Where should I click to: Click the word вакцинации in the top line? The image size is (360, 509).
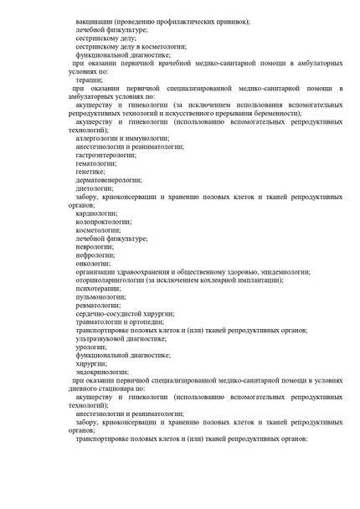[x=95, y=20]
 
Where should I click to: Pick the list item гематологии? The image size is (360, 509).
[x=95, y=163]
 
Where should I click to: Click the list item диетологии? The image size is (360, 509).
[x=95, y=188]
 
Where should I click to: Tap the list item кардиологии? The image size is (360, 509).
[x=96, y=213]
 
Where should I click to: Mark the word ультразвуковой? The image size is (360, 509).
[x=103, y=338]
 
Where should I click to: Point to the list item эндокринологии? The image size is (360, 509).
[x=101, y=372]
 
